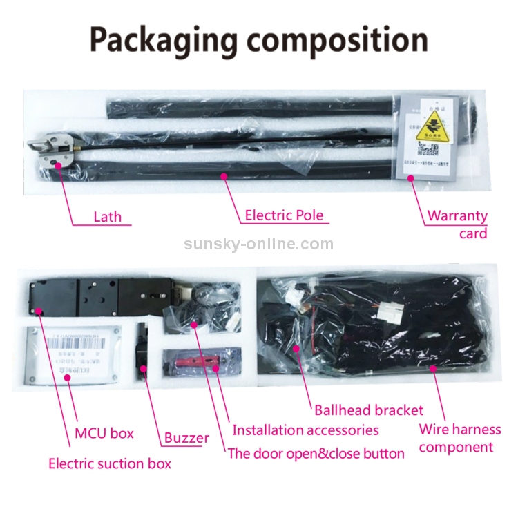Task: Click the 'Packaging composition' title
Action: [x=258, y=40]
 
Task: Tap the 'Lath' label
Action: [x=107, y=217]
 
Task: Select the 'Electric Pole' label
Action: [x=284, y=215]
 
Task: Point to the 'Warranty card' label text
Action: [x=457, y=224]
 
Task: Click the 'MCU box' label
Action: [x=104, y=434]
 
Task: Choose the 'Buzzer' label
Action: [x=186, y=437]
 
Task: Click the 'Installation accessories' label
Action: [x=305, y=430]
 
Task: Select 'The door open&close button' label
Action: [x=316, y=454]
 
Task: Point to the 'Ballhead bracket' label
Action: [x=369, y=410]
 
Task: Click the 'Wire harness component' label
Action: [x=459, y=438]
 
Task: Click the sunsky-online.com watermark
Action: [x=258, y=244]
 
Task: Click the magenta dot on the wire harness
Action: [x=434, y=368]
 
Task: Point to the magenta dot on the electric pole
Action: [x=224, y=176]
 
